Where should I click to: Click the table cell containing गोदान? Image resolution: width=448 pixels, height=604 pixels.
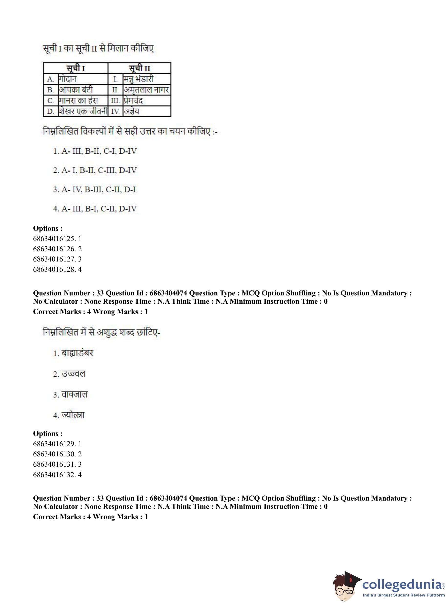click(x=83, y=79)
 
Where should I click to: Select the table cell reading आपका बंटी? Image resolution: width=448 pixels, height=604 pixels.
click(x=83, y=90)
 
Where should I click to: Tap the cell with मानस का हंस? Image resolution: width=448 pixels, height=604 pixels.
click(x=83, y=101)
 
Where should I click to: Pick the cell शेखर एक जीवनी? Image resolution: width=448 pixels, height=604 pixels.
click(x=83, y=111)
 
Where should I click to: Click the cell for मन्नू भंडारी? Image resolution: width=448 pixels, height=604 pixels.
click(x=146, y=79)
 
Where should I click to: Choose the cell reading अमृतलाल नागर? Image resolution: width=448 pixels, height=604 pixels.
click(x=146, y=90)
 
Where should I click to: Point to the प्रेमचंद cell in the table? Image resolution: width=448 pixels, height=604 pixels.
click(x=146, y=101)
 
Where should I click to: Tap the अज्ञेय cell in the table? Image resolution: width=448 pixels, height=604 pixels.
click(x=146, y=111)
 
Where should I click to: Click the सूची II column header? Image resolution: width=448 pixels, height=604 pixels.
click(x=139, y=68)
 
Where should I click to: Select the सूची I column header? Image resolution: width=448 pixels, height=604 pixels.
click(x=76, y=68)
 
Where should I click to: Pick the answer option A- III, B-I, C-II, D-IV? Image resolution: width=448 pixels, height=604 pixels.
click(x=95, y=209)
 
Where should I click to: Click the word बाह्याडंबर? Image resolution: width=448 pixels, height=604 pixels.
click(x=77, y=353)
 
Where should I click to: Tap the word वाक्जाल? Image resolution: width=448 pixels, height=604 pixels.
click(x=75, y=395)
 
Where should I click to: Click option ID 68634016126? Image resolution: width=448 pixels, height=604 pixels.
click(x=57, y=249)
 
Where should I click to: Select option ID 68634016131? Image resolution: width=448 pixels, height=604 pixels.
click(x=57, y=464)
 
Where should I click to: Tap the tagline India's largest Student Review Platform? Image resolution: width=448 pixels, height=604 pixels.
click(x=404, y=595)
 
